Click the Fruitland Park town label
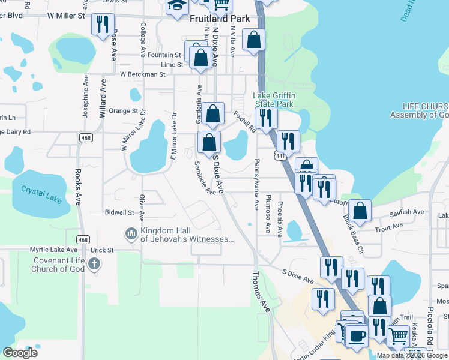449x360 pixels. point(219,19)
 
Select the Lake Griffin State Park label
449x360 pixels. point(273,100)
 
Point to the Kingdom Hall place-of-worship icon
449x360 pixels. point(131,233)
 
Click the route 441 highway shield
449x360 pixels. point(280,156)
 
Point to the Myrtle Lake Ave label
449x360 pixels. point(55,250)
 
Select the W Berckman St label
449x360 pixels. point(142,74)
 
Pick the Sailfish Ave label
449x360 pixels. point(406,212)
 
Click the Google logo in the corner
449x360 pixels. point(20,352)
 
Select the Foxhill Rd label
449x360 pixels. point(245,121)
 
